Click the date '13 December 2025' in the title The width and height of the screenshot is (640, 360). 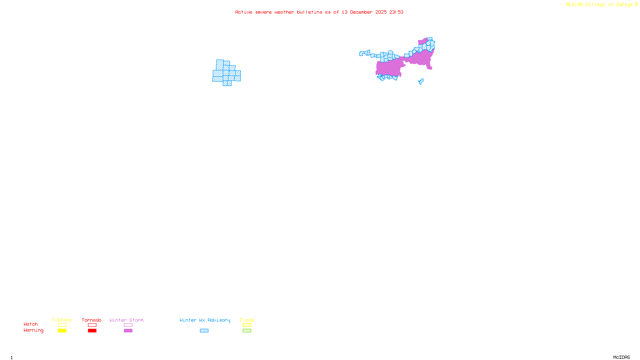click(x=364, y=12)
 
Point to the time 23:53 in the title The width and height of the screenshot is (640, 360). click(x=396, y=12)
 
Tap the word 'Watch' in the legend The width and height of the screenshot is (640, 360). click(x=31, y=324)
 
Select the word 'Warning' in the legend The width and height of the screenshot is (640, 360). click(x=33, y=330)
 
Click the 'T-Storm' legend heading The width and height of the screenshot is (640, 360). click(x=62, y=320)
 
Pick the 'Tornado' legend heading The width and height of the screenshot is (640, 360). click(x=92, y=320)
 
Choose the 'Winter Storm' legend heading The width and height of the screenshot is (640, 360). click(x=126, y=320)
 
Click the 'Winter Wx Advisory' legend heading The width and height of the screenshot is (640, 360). click(x=205, y=320)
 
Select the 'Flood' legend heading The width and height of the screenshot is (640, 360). click(x=247, y=320)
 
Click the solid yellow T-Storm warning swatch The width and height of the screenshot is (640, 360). click(x=62, y=331)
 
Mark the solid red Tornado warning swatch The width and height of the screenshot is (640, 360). click(x=92, y=331)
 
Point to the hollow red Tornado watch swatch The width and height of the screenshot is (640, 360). click(x=92, y=325)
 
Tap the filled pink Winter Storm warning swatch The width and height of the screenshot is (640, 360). click(x=128, y=331)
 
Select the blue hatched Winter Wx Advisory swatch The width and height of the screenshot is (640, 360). click(x=204, y=331)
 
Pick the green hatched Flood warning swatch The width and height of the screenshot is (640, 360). click(x=247, y=331)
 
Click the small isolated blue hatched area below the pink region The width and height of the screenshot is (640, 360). click(x=421, y=82)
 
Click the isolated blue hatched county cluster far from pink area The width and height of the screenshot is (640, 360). click(x=226, y=73)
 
